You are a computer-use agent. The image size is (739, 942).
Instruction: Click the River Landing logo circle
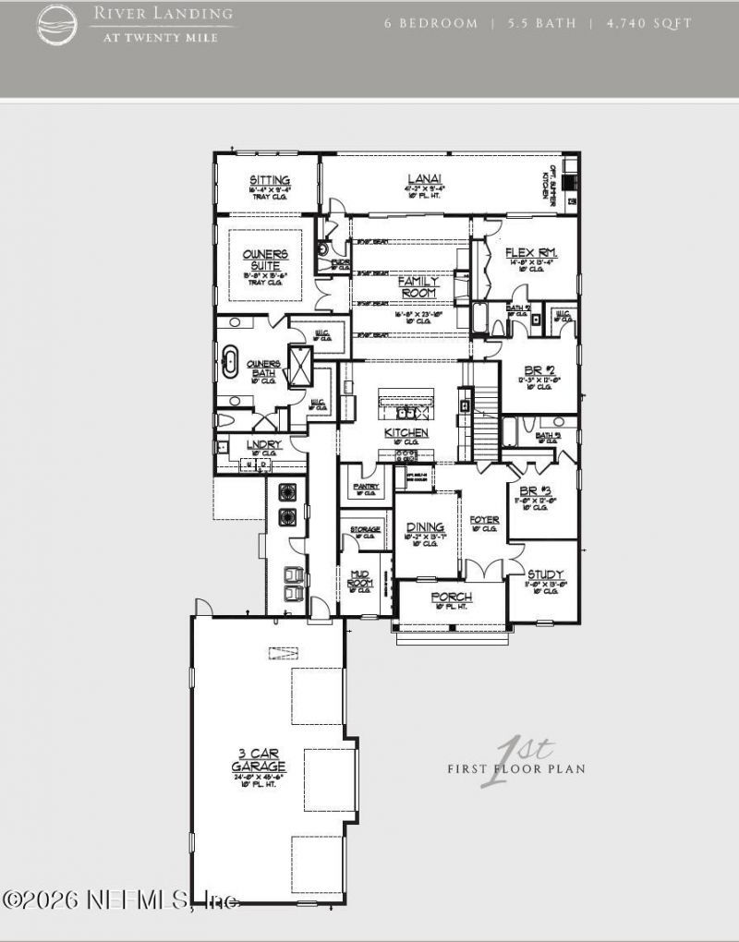[57, 24]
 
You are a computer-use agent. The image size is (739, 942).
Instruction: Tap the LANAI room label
[424, 179]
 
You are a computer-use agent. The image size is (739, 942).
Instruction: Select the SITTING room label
[270, 180]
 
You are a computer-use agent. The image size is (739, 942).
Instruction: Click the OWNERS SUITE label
[265, 260]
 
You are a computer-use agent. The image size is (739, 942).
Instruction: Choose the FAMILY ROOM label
[418, 286]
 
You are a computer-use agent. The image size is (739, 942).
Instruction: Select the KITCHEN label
[406, 432]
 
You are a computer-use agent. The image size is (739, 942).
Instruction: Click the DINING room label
[425, 527]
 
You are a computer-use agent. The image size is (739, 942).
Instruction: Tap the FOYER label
[484, 520]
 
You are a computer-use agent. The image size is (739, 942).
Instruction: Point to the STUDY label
[545, 574]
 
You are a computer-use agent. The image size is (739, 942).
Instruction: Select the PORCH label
[452, 598]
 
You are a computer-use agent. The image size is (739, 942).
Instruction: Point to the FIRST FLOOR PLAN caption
[516, 768]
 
